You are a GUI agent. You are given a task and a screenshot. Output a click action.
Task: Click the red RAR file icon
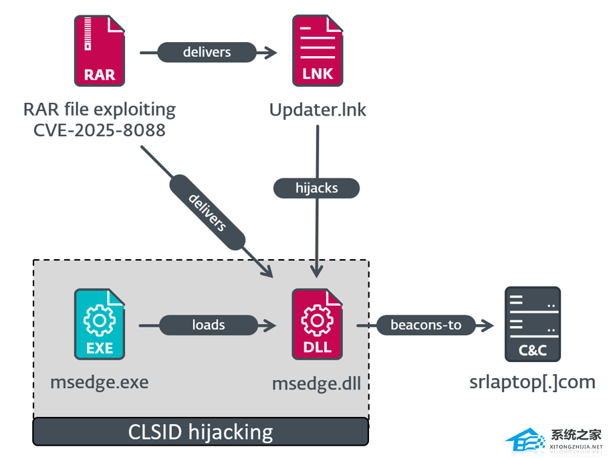pos(100,51)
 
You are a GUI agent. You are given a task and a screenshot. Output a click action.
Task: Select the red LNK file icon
pos(318,51)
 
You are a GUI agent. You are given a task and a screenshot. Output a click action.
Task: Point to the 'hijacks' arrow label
pos(316,188)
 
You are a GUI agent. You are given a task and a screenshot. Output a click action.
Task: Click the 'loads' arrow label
pos(208,325)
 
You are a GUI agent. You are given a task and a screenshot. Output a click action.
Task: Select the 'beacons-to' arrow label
pos(426,325)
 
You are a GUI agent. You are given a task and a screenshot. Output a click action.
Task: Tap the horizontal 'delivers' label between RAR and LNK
pos(207,52)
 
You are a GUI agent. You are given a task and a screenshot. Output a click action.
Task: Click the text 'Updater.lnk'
pos(318,110)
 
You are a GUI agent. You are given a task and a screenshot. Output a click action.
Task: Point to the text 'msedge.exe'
pos(100,382)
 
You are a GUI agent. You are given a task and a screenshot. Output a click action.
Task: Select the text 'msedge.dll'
pos(317,384)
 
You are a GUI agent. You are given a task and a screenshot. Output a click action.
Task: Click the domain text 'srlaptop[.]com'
pos(532,382)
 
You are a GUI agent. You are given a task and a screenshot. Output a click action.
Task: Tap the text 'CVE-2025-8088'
pos(100,130)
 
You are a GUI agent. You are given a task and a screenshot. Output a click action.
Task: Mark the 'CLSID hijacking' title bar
pos(201,432)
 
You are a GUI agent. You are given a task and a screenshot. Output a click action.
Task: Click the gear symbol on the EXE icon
pos(100,320)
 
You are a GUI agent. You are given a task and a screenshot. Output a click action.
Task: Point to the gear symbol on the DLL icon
pos(318,320)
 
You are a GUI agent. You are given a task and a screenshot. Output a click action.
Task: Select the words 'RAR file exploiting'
pos(100,109)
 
